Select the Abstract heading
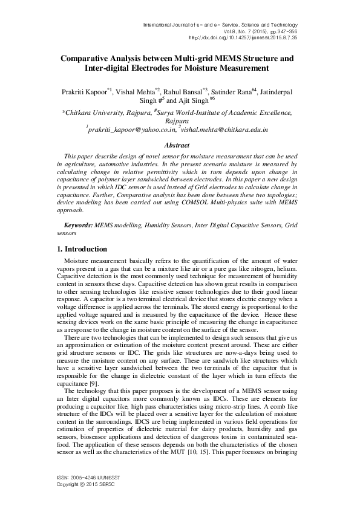click(x=180, y=146)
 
